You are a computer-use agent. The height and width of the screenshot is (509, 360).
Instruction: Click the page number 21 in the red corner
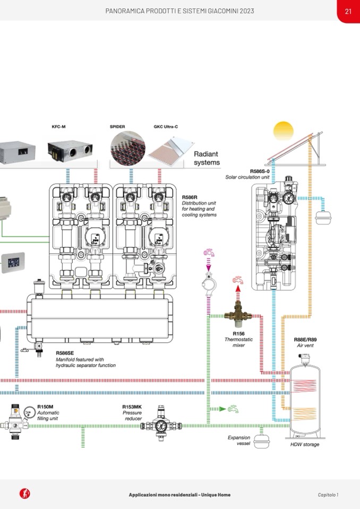(x=348, y=11)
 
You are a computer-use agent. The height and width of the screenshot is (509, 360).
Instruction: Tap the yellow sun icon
(x=283, y=131)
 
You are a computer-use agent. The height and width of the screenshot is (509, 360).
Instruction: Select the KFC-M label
(x=58, y=127)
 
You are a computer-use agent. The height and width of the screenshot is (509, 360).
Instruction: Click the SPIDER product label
(x=117, y=127)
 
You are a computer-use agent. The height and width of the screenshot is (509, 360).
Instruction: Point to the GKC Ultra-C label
(x=166, y=127)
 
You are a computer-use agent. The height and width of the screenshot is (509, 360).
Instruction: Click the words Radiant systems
(x=207, y=158)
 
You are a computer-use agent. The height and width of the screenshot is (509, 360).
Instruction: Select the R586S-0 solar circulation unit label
(x=260, y=171)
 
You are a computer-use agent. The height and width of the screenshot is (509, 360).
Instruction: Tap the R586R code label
(x=190, y=197)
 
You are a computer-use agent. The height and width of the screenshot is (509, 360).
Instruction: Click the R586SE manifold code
(x=65, y=352)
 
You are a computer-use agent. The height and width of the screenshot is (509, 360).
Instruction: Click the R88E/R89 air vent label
(x=305, y=340)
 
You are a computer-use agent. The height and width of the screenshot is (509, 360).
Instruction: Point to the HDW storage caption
(x=305, y=444)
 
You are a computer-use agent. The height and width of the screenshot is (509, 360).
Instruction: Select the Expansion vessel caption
(x=239, y=441)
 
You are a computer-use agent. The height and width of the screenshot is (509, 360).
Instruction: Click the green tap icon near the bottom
(x=233, y=409)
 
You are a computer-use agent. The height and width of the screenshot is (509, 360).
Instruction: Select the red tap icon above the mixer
(x=237, y=280)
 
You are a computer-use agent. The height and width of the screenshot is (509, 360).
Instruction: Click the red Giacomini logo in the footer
(x=24, y=494)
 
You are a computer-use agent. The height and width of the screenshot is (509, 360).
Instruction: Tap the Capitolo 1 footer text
(x=328, y=495)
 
